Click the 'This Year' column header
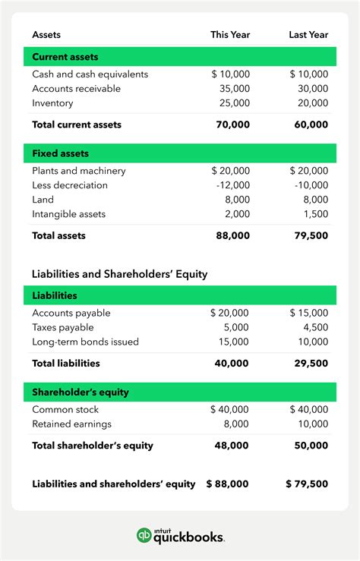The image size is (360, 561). pyautogui.click(x=230, y=35)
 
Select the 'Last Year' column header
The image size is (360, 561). pyautogui.click(x=308, y=35)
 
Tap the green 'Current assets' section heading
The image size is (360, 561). pyautogui.click(x=65, y=57)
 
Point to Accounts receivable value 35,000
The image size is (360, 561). pyautogui.click(x=233, y=89)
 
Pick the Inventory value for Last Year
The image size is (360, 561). pyautogui.click(x=312, y=103)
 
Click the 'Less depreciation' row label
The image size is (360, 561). pyautogui.click(x=70, y=185)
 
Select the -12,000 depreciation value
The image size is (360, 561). pyautogui.click(x=232, y=185)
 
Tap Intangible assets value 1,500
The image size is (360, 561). pyautogui.click(x=314, y=214)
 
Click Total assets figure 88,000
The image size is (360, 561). pyautogui.click(x=232, y=236)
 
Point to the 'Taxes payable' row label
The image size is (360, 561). pyautogui.click(x=63, y=327)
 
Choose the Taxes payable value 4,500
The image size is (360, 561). pyautogui.click(x=315, y=327)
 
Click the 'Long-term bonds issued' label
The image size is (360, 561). pyautogui.click(x=85, y=342)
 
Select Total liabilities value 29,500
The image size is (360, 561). pyautogui.click(x=311, y=364)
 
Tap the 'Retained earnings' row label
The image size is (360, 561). pyautogui.click(x=71, y=424)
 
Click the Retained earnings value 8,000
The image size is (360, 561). pyautogui.click(x=236, y=424)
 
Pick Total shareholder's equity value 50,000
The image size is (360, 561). pyautogui.click(x=311, y=446)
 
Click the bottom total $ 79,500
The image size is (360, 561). pyautogui.click(x=307, y=484)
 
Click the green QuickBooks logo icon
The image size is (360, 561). pyautogui.click(x=144, y=536)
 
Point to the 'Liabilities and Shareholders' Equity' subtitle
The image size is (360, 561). pyautogui.click(x=119, y=273)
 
